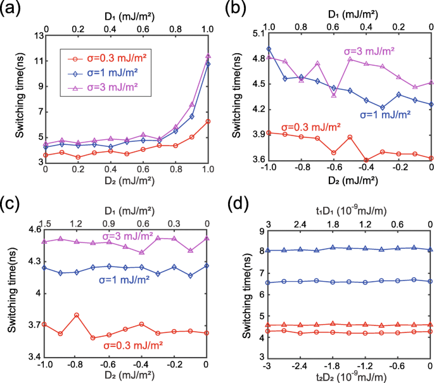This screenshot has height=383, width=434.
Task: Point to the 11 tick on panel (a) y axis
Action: tap(35, 60)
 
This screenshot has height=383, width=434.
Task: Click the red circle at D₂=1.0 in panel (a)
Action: tap(208, 122)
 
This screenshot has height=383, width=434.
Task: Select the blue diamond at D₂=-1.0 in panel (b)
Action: tap(269, 49)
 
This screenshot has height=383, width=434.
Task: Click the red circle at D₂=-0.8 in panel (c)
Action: tap(77, 315)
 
